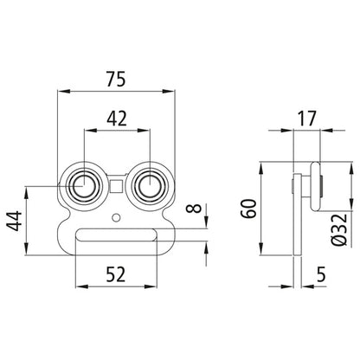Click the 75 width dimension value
coord(116,79)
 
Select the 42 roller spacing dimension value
coord(117,119)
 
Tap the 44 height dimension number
coord(15,221)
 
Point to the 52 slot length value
coord(116,274)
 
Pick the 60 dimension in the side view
coord(249,209)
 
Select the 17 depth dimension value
coord(307,119)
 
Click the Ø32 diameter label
coord(338,229)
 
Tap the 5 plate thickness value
coord(321,274)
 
